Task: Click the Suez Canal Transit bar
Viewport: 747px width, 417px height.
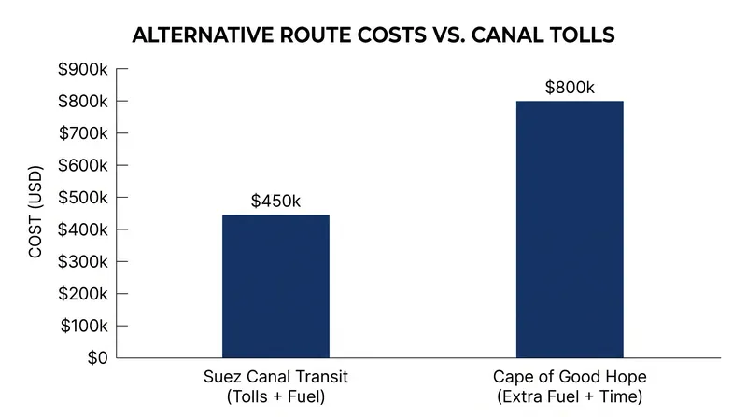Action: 275,286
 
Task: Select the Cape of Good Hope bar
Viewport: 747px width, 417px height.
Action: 570,229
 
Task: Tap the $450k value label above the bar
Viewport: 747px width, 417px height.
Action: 275,201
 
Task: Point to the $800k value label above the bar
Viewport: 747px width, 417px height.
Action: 570,88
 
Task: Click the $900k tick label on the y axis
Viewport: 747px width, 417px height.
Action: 83,69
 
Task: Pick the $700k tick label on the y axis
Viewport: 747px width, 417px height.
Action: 83,133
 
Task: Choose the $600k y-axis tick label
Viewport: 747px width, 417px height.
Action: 83,166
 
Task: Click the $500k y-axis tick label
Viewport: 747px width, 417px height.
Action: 83,198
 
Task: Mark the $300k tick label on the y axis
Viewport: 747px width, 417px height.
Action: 83,262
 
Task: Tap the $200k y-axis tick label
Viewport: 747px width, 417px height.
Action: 83,294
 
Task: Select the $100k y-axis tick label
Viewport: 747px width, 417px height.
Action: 84,327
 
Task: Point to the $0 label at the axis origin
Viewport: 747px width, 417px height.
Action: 98,358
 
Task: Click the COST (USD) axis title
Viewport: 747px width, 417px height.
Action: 35,212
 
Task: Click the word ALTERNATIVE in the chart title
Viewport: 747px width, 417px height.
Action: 204,35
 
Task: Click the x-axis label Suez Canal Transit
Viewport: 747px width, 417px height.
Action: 275,377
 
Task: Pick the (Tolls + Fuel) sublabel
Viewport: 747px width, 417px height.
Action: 275,396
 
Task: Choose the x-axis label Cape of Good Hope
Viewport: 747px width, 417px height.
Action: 570,377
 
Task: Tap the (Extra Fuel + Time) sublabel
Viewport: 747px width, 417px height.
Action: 570,396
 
